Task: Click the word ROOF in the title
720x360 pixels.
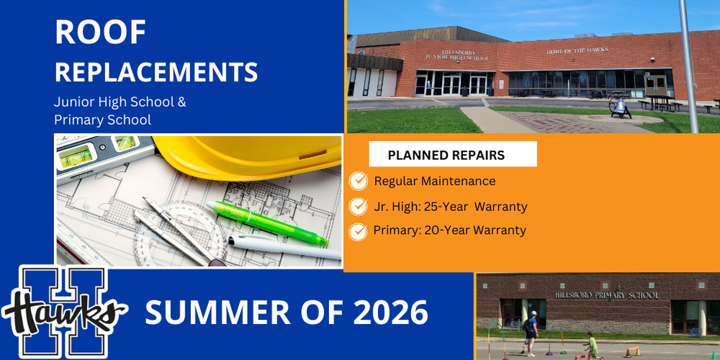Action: [101, 32]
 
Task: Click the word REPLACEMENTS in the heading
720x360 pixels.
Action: [156, 72]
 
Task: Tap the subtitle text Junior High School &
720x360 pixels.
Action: [120, 102]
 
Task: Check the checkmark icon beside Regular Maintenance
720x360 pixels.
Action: [358, 181]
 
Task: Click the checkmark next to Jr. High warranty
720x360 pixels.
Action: [358, 207]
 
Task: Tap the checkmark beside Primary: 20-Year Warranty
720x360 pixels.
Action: [358, 232]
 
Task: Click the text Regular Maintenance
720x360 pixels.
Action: [435, 181]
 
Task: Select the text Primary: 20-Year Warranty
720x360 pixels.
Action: [449, 230]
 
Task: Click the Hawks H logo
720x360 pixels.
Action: [63, 311]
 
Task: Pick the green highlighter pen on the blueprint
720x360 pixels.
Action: [266, 222]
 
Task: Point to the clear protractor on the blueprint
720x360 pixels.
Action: [176, 230]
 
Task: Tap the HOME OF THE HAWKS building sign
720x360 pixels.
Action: [577, 50]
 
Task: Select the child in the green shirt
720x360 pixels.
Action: [591, 344]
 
